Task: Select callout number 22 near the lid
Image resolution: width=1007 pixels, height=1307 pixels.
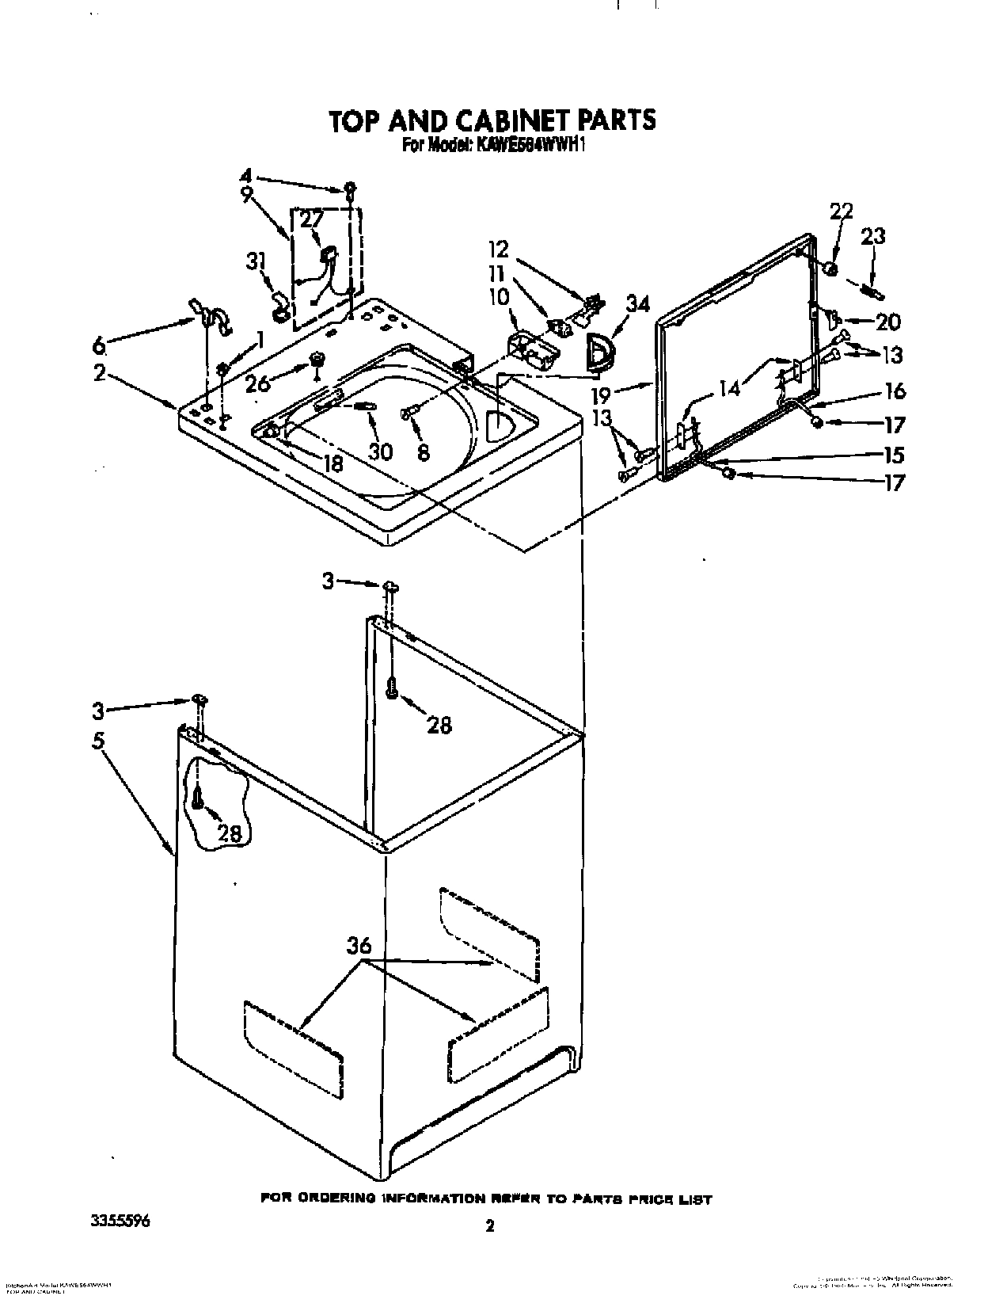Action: pos(841,211)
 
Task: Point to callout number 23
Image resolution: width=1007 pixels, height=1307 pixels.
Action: pos(873,236)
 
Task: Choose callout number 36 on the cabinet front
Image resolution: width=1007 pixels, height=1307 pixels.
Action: pos(358,946)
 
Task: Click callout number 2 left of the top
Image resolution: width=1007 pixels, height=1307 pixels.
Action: pos(98,372)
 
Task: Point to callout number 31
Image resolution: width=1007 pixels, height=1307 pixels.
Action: pos(255,261)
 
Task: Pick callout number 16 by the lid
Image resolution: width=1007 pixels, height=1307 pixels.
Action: pos(895,391)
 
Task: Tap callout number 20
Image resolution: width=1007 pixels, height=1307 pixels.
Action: pos(888,322)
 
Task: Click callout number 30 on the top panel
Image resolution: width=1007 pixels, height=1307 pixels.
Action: pos(380,452)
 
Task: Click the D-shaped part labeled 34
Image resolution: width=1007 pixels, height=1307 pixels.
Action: pos(599,353)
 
